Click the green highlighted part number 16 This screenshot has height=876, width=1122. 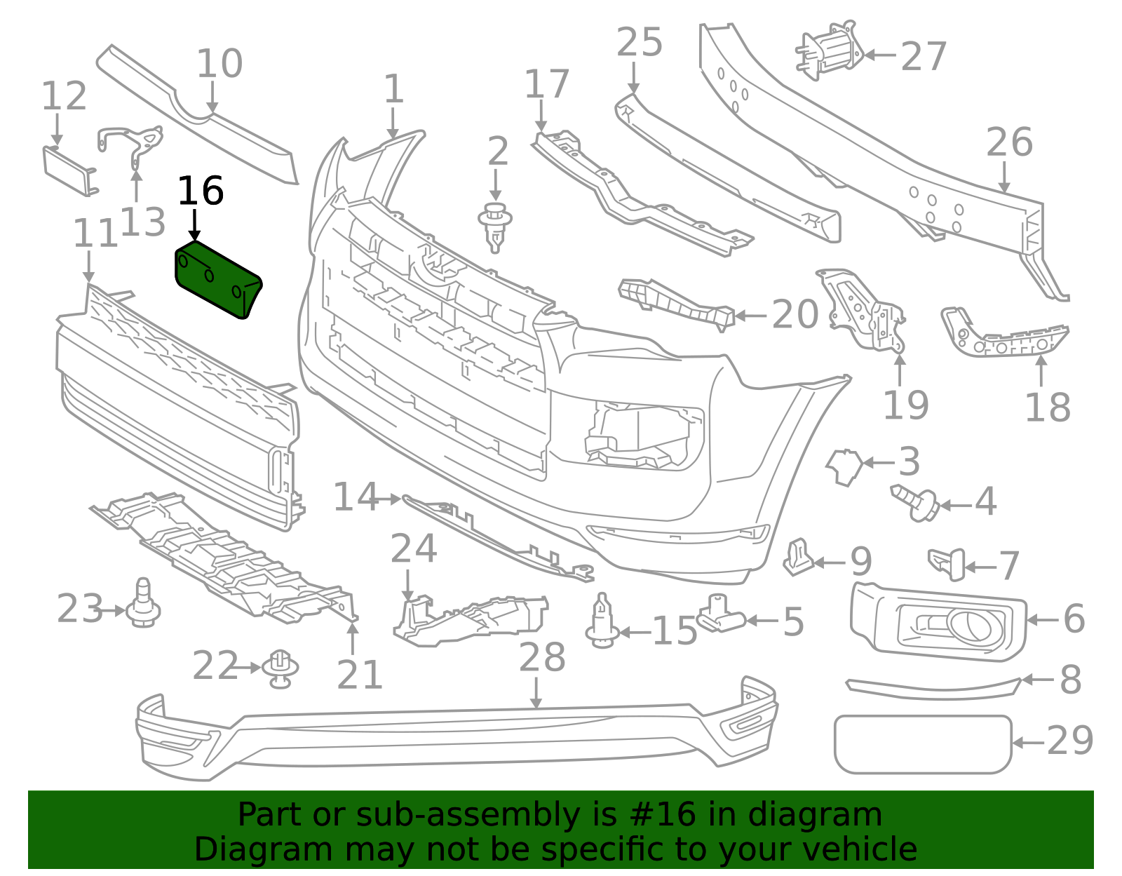point(217,279)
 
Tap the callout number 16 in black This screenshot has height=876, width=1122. point(201,191)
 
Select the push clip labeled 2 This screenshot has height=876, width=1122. point(495,226)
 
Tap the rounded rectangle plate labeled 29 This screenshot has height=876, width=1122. point(923,744)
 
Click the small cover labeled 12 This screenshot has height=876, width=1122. point(69,169)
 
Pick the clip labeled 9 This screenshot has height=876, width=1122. point(798,557)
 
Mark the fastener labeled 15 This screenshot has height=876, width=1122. point(602,621)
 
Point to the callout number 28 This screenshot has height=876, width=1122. point(542,658)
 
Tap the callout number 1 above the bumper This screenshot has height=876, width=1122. point(394,90)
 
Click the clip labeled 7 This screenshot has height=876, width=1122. point(947,563)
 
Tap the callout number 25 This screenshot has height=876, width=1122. point(639,43)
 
